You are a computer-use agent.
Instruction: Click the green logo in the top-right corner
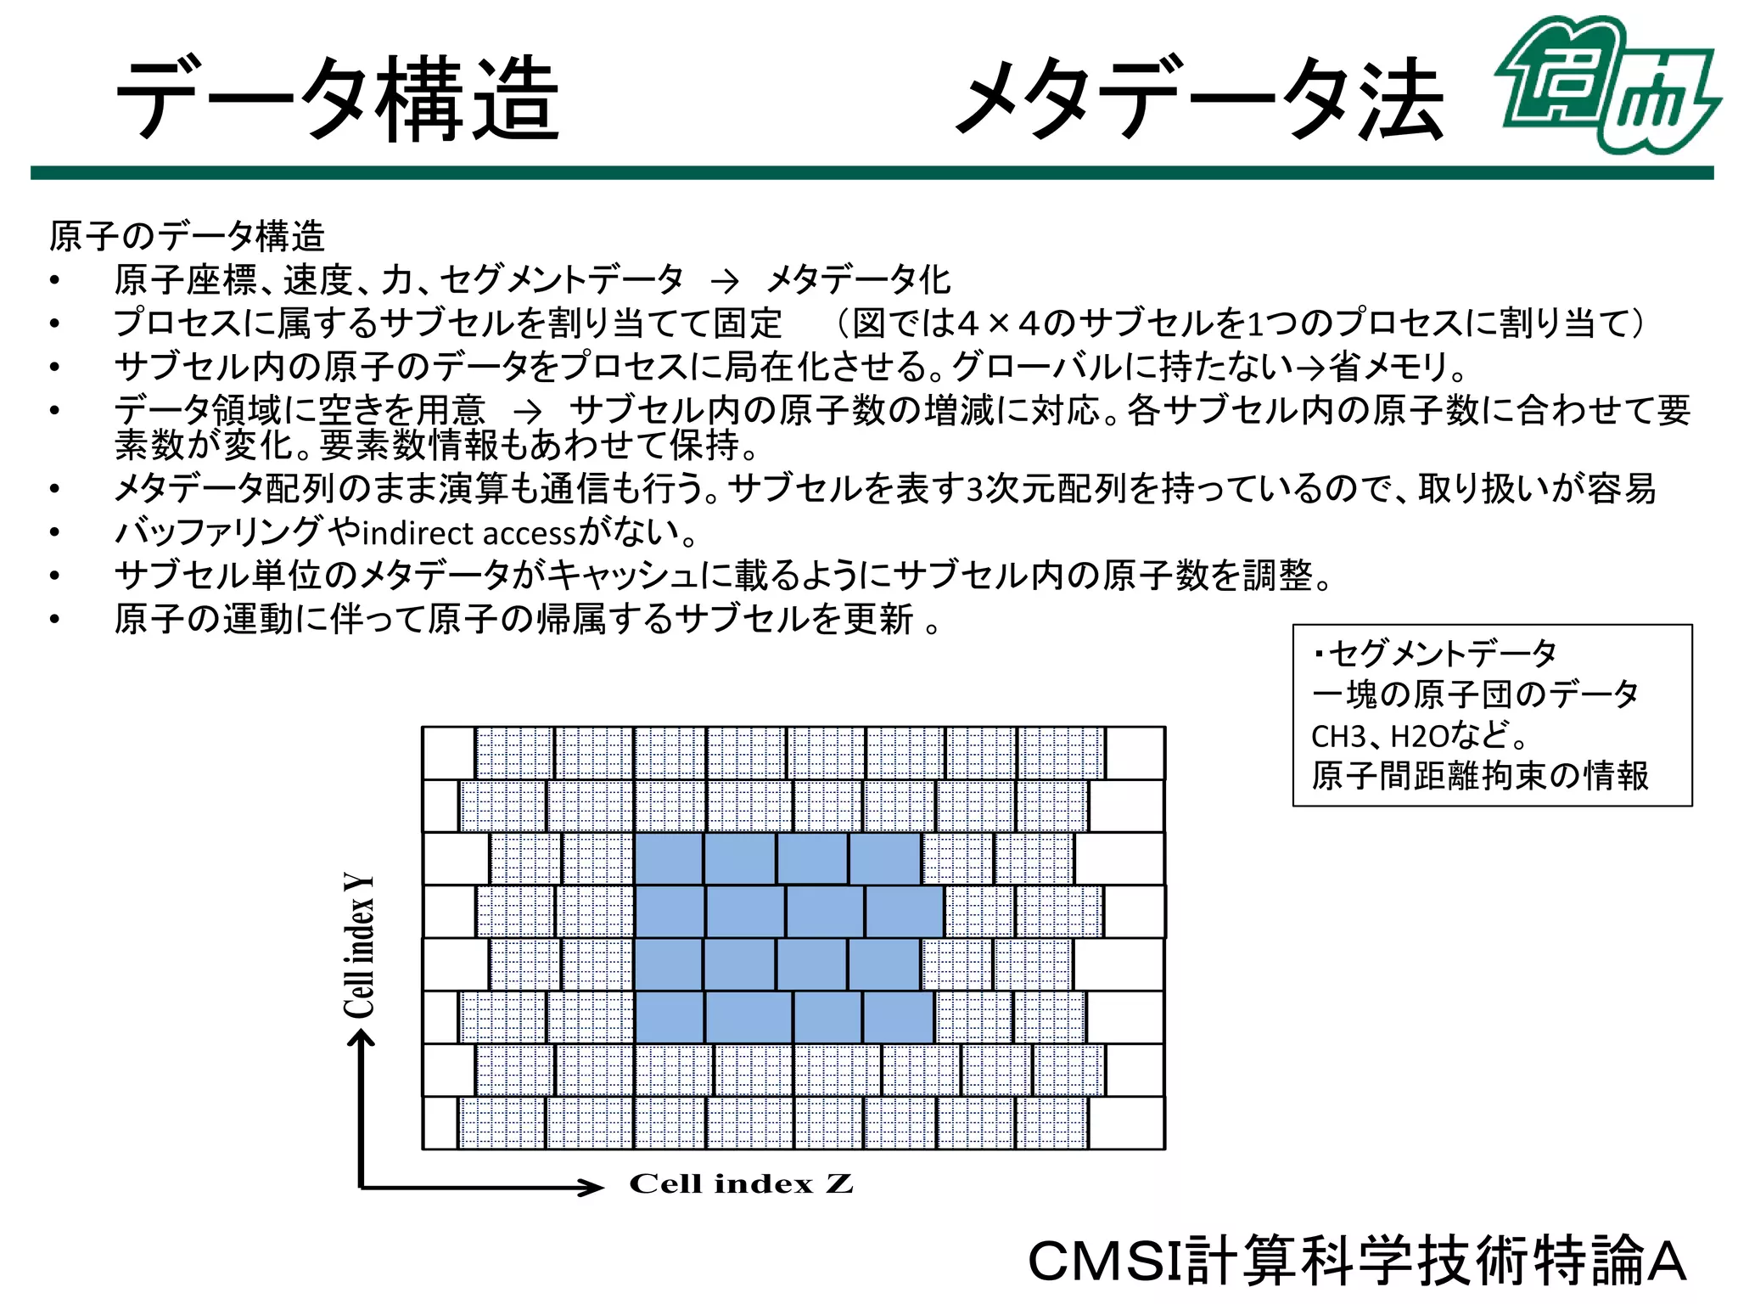[x=1606, y=85]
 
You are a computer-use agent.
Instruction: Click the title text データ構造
[x=338, y=99]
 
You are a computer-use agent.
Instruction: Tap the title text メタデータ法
[x=1200, y=99]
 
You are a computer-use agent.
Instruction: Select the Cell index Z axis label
[x=741, y=1183]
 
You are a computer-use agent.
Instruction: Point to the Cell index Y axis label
[x=359, y=944]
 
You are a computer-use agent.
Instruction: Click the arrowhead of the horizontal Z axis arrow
[x=591, y=1187]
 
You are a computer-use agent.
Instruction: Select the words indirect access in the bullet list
[x=469, y=534]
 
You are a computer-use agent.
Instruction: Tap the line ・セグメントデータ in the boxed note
[x=1435, y=654]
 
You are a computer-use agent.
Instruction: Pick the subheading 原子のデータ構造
[x=187, y=236]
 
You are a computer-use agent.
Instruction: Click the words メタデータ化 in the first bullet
[x=858, y=279]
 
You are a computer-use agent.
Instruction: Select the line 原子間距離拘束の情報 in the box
[x=1479, y=776]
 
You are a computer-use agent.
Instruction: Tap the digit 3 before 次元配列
[x=975, y=490]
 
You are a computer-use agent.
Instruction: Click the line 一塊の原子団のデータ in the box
[x=1474, y=694]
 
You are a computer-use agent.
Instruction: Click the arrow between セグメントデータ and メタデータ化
[x=725, y=280]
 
